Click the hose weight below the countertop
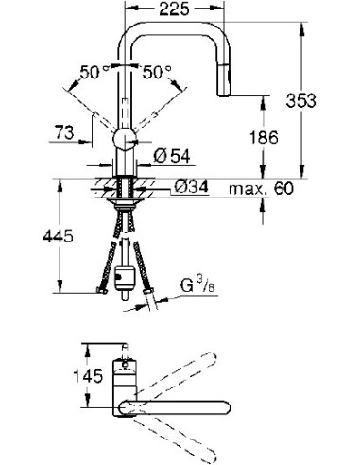tap(124, 280)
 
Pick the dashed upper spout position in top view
tap(208, 368)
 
